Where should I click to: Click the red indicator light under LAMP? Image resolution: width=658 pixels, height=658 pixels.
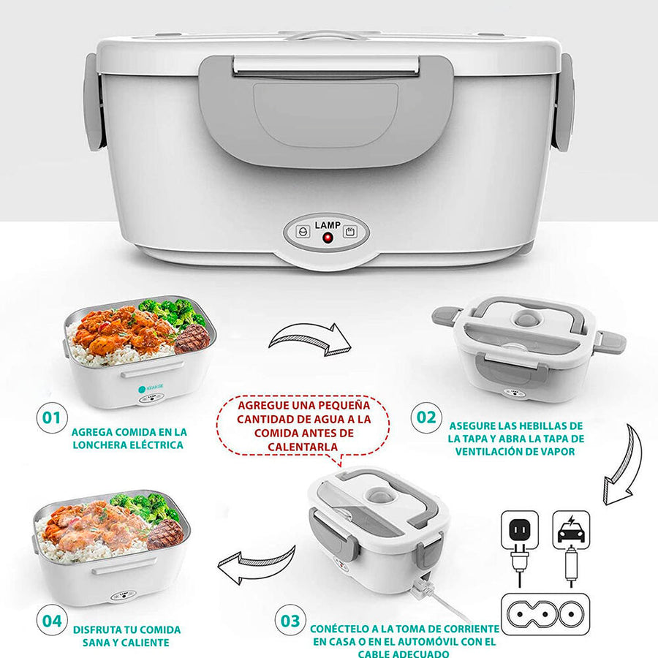(x=328, y=238)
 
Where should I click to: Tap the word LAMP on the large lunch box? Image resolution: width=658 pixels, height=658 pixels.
(x=328, y=225)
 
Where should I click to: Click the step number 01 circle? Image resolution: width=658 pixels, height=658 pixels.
(x=52, y=417)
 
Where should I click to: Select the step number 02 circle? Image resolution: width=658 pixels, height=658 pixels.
(x=426, y=417)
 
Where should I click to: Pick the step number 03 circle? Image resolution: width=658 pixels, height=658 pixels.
(x=290, y=620)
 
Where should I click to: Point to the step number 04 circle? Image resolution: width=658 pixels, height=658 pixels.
(x=52, y=620)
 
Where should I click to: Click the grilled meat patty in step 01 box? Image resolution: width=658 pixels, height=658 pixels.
(x=192, y=339)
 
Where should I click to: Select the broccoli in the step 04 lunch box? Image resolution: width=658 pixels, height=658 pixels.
(x=145, y=507)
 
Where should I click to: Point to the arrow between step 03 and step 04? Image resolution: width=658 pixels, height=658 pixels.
(x=257, y=564)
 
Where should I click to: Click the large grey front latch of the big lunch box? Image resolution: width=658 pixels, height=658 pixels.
(x=326, y=111)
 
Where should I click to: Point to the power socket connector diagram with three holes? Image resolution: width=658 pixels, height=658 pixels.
(x=545, y=614)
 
